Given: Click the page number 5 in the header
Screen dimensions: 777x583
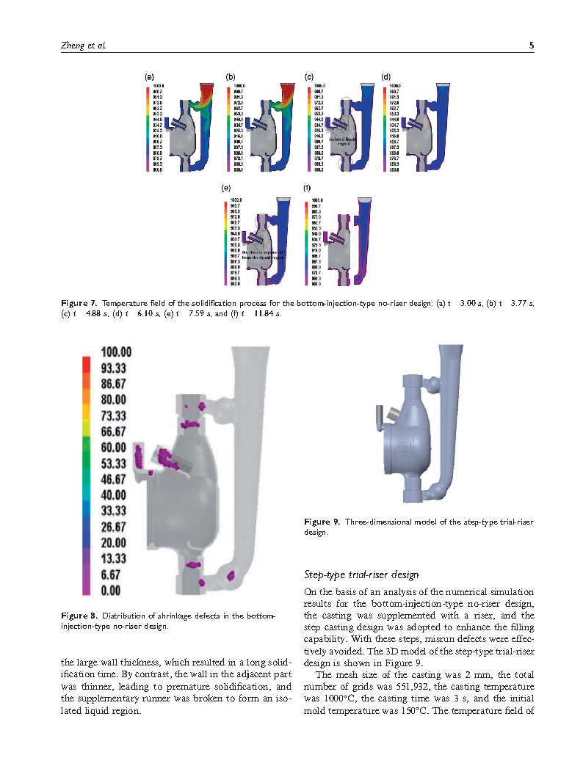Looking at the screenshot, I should (x=531, y=45).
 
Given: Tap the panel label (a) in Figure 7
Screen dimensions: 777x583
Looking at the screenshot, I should (x=149, y=76).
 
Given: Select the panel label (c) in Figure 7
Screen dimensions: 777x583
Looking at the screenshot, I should (x=309, y=76).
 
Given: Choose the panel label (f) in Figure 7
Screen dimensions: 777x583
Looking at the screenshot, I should (x=307, y=189).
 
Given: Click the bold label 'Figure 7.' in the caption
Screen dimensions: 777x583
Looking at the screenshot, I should (x=79, y=303).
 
